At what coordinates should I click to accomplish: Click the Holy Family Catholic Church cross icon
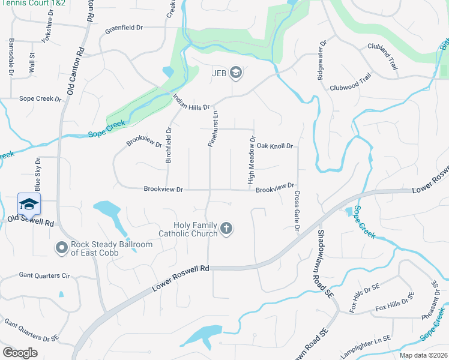[226, 228]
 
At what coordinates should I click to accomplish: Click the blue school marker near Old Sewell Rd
[29, 204]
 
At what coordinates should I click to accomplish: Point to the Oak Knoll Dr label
[274, 146]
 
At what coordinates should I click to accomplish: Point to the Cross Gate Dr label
[297, 211]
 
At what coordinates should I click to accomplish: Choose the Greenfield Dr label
[124, 28]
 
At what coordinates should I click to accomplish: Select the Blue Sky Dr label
[38, 170]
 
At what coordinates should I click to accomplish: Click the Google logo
[20, 352]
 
